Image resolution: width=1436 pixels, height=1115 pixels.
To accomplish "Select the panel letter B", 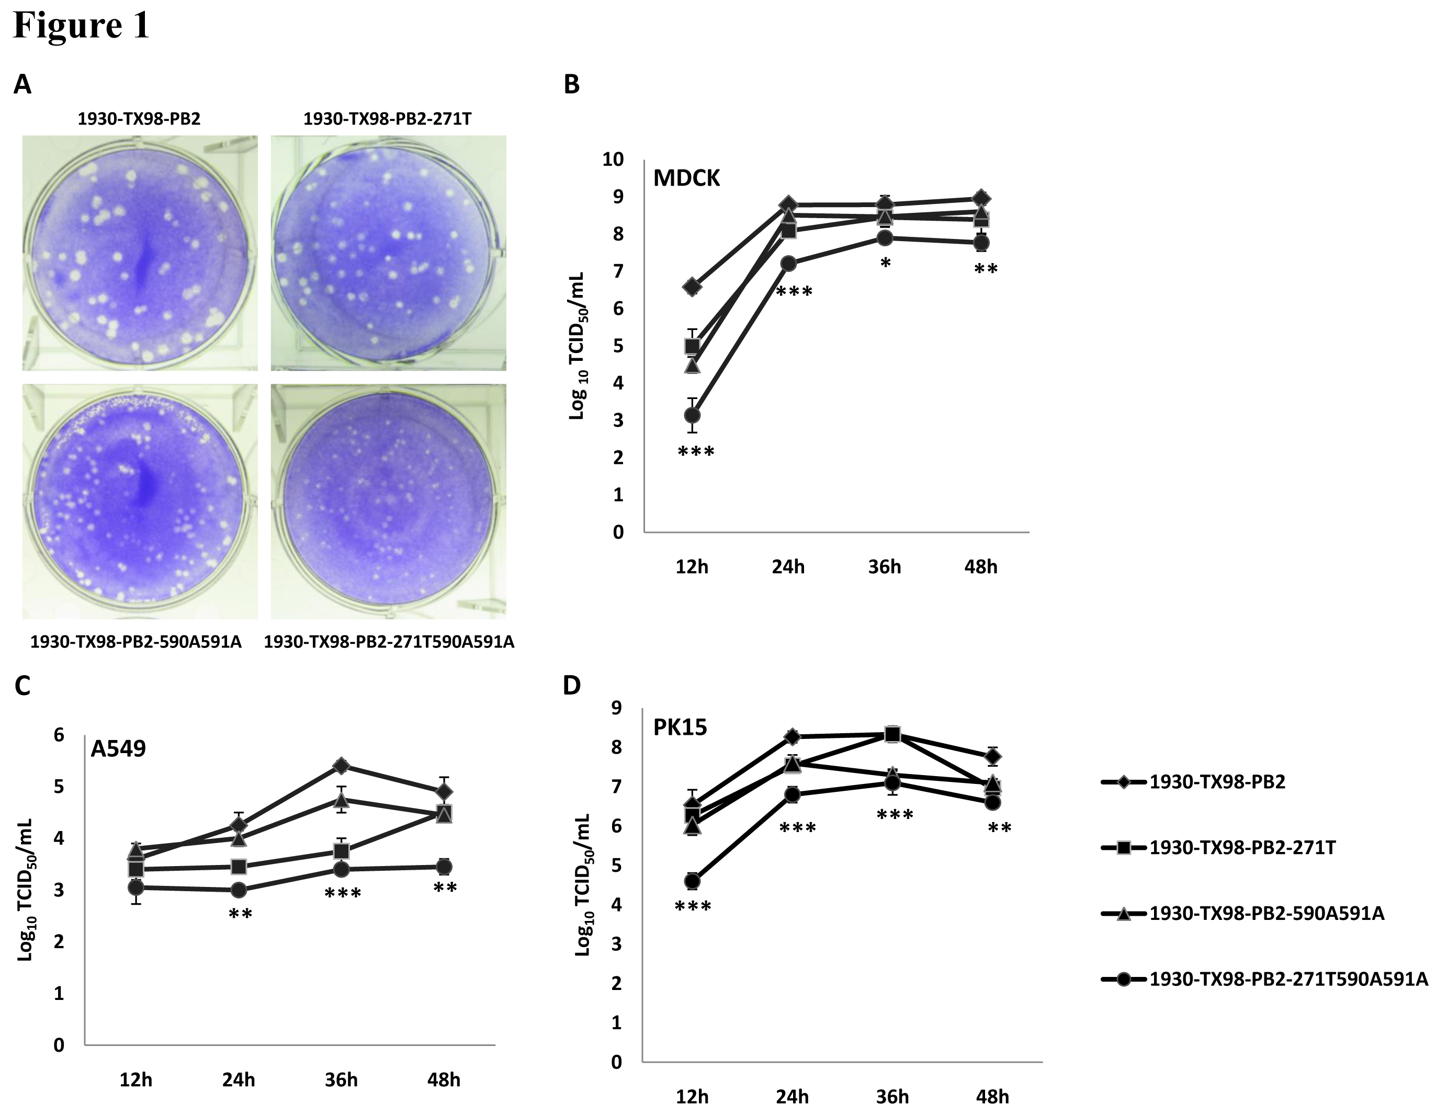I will click(x=571, y=84).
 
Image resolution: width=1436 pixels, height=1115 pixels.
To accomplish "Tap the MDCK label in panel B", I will click(x=686, y=178).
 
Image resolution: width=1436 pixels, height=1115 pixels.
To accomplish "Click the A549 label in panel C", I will click(x=118, y=748).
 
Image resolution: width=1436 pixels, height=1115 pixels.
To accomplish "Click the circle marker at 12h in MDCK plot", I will click(x=692, y=415).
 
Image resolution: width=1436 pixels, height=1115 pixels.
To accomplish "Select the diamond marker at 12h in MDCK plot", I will click(x=692, y=286).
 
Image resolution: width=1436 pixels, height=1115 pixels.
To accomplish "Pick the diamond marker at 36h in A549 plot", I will click(x=341, y=765).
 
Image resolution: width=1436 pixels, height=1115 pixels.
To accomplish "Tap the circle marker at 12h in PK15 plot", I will click(x=692, y=881).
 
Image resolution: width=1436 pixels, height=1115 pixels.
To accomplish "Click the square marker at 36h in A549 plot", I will click(x=341, y=851).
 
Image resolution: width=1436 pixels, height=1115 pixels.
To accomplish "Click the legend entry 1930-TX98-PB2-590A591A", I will click(x=1267, y=914).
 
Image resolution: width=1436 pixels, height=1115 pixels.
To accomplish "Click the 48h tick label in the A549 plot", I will click(x=444, y=1079).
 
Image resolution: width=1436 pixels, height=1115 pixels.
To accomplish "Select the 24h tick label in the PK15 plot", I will click(x=793, y=1097).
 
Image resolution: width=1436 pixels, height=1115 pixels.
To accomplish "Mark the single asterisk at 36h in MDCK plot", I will click(x=885, y=263).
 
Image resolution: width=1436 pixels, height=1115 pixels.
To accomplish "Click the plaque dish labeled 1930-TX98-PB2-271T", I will click(x=389, y=253).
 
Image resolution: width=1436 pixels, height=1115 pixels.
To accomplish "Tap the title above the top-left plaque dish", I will click(x=139, y=119).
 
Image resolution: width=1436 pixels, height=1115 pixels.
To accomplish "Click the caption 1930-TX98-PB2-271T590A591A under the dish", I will click(x=389, y=642).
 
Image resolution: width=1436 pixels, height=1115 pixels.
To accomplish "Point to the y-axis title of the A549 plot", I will click(x=25, y=889).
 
